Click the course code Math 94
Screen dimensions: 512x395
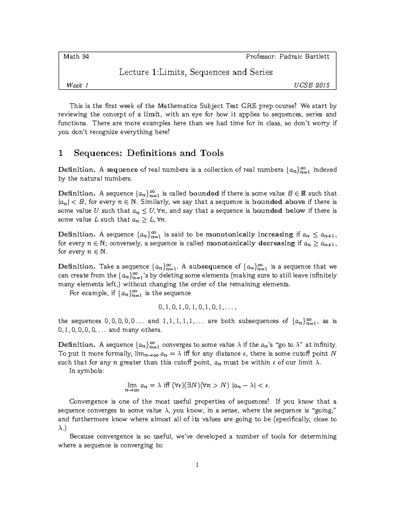click(x=76, y=57)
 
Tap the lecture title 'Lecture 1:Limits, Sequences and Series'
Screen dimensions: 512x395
click(x=196, y=72)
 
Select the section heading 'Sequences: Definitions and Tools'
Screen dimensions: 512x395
click(x=148, y=153)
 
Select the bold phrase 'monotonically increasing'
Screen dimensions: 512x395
click(x=249, y=235)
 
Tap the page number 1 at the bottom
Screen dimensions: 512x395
click(x=197, y=465)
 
